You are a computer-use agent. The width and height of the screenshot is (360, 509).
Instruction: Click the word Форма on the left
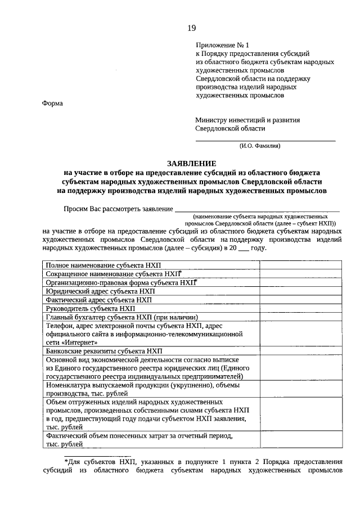[53, 103]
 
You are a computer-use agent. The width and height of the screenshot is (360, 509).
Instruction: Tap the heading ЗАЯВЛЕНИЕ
[191, 162]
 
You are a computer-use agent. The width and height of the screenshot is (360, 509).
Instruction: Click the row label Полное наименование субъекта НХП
[103, 264]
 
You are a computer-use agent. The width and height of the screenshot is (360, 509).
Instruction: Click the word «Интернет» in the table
[83, 341]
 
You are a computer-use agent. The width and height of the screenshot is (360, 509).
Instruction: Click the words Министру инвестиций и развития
[247, 120]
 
